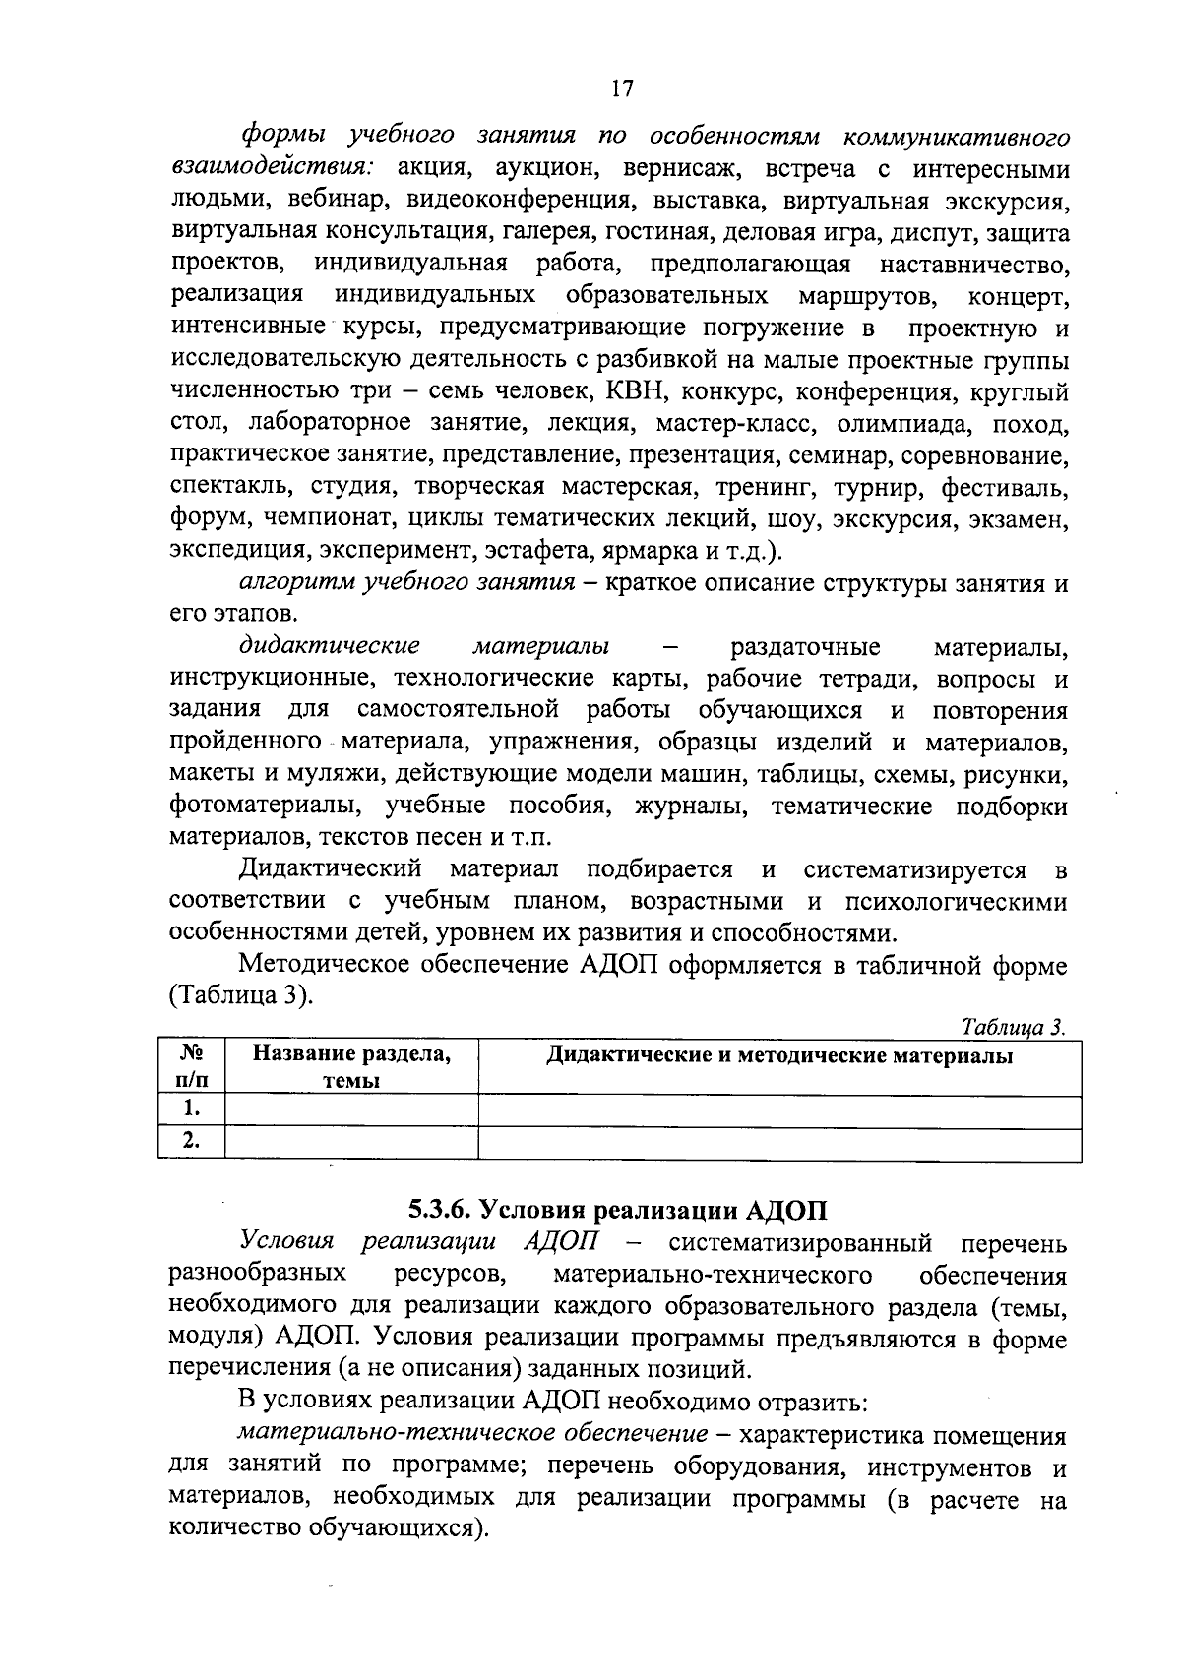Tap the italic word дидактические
pyautogui.click(x=330, y=646)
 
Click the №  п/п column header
pyautogui.click(x=191, y=1067)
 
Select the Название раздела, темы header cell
pyautogui.click(x=351, y=1067)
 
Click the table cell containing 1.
pyautogui.click(x=191, y=1111)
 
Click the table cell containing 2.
pyautogui.click(x=191, y=1143)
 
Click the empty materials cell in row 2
pyautogui.click(x=778, y=1143)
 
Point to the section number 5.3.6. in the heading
pyautogui.click(x=433, y=1210)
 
